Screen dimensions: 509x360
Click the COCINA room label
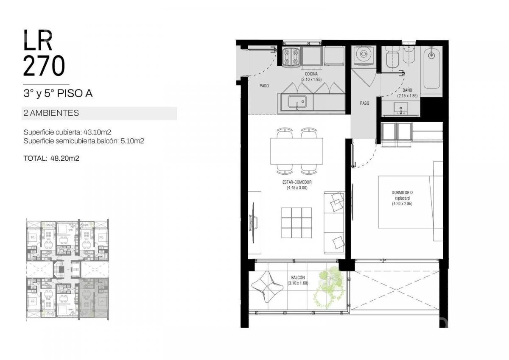[311, 74]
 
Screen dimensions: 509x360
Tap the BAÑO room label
[407, 90]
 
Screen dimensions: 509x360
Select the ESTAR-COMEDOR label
[297, 182]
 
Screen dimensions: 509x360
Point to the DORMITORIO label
[402, 193]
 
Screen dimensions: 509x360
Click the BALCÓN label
[298, 277]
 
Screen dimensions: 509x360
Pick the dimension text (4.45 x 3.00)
[297, 187]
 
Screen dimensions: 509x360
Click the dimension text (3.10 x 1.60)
[298, 283]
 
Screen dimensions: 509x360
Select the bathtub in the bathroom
[431, 68]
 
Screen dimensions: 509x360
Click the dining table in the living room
[296, 151]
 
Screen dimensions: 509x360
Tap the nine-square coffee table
[296, 223]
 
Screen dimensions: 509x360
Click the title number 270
[44, 66]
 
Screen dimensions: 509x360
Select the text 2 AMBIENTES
[51, 113]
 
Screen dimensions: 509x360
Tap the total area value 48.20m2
[65, 158]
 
